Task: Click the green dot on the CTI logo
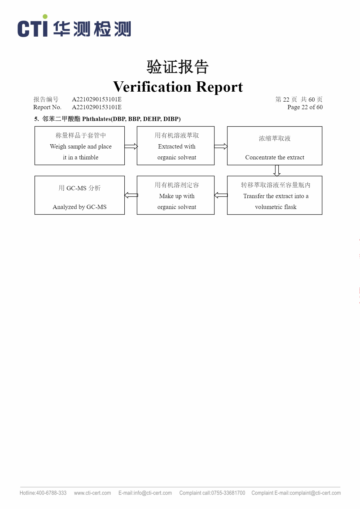coord(45,17)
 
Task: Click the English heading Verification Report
coord(178,86)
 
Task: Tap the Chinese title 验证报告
coord(178,67)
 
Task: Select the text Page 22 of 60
coord(305,107)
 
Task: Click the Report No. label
coord(47,107)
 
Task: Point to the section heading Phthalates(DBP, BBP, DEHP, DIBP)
coord(131,119)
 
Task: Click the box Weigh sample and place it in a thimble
coord(80,146)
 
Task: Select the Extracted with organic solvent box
coord(175,146)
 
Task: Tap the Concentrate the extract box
coord(275,146)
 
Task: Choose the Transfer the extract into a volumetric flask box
coord(275,195)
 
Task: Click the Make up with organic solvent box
coord(175,195)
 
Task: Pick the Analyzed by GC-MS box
coord(80,195)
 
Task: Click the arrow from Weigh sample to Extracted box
coord(131,146)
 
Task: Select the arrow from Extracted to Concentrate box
coord(221,146)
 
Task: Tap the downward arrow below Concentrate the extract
coord(277,171)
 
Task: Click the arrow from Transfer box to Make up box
coord(221,195)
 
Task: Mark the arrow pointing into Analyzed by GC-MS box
coord(131,195)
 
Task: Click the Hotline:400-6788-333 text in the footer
coord(43,493)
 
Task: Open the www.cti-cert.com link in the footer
coord(93,493)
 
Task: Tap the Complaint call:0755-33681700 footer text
coord(212,493)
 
